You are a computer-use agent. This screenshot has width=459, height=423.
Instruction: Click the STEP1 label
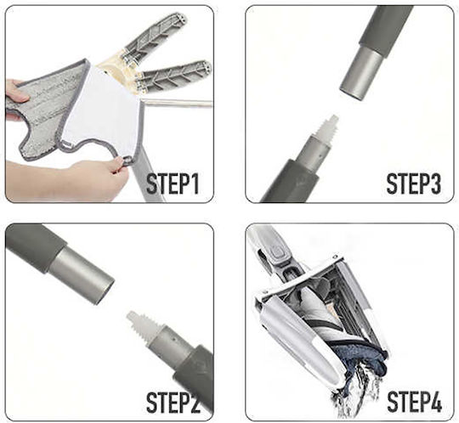pyautogui.click(x=173, y=183)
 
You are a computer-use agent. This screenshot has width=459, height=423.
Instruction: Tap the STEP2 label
pyautogui.click(x=173, y=402)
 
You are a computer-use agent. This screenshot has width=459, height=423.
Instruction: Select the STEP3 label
pyautogui.click(x=413, y=183)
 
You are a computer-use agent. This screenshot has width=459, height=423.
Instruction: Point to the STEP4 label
pyautogui.click(x=414, y=402)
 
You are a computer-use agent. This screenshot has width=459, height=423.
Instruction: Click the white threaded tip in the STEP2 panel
pyautogui.click(x=143, y=324)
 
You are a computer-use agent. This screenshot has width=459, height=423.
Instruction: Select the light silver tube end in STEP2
pyautogui.click(x=82, y=274)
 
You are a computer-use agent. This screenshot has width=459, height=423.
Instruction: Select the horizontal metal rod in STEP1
pyautogui.click(x=176, y=103)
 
